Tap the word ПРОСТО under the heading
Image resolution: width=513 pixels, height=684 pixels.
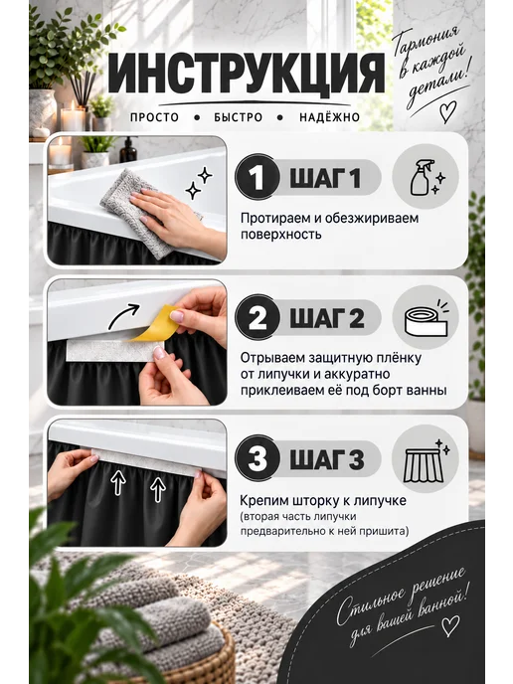155,117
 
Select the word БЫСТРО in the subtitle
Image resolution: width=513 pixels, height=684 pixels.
239,117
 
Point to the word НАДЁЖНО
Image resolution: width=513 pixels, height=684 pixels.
329,117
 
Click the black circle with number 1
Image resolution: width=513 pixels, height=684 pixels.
256,177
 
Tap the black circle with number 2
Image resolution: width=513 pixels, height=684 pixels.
256,317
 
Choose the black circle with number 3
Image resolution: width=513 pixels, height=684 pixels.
256,458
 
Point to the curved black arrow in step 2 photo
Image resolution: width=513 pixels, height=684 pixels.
123,316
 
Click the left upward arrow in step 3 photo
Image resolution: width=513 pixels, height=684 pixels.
117,482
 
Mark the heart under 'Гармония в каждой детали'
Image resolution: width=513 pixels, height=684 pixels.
447,111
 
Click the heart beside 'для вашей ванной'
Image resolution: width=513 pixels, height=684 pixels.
450,625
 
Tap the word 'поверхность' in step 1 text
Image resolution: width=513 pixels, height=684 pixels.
281,235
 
